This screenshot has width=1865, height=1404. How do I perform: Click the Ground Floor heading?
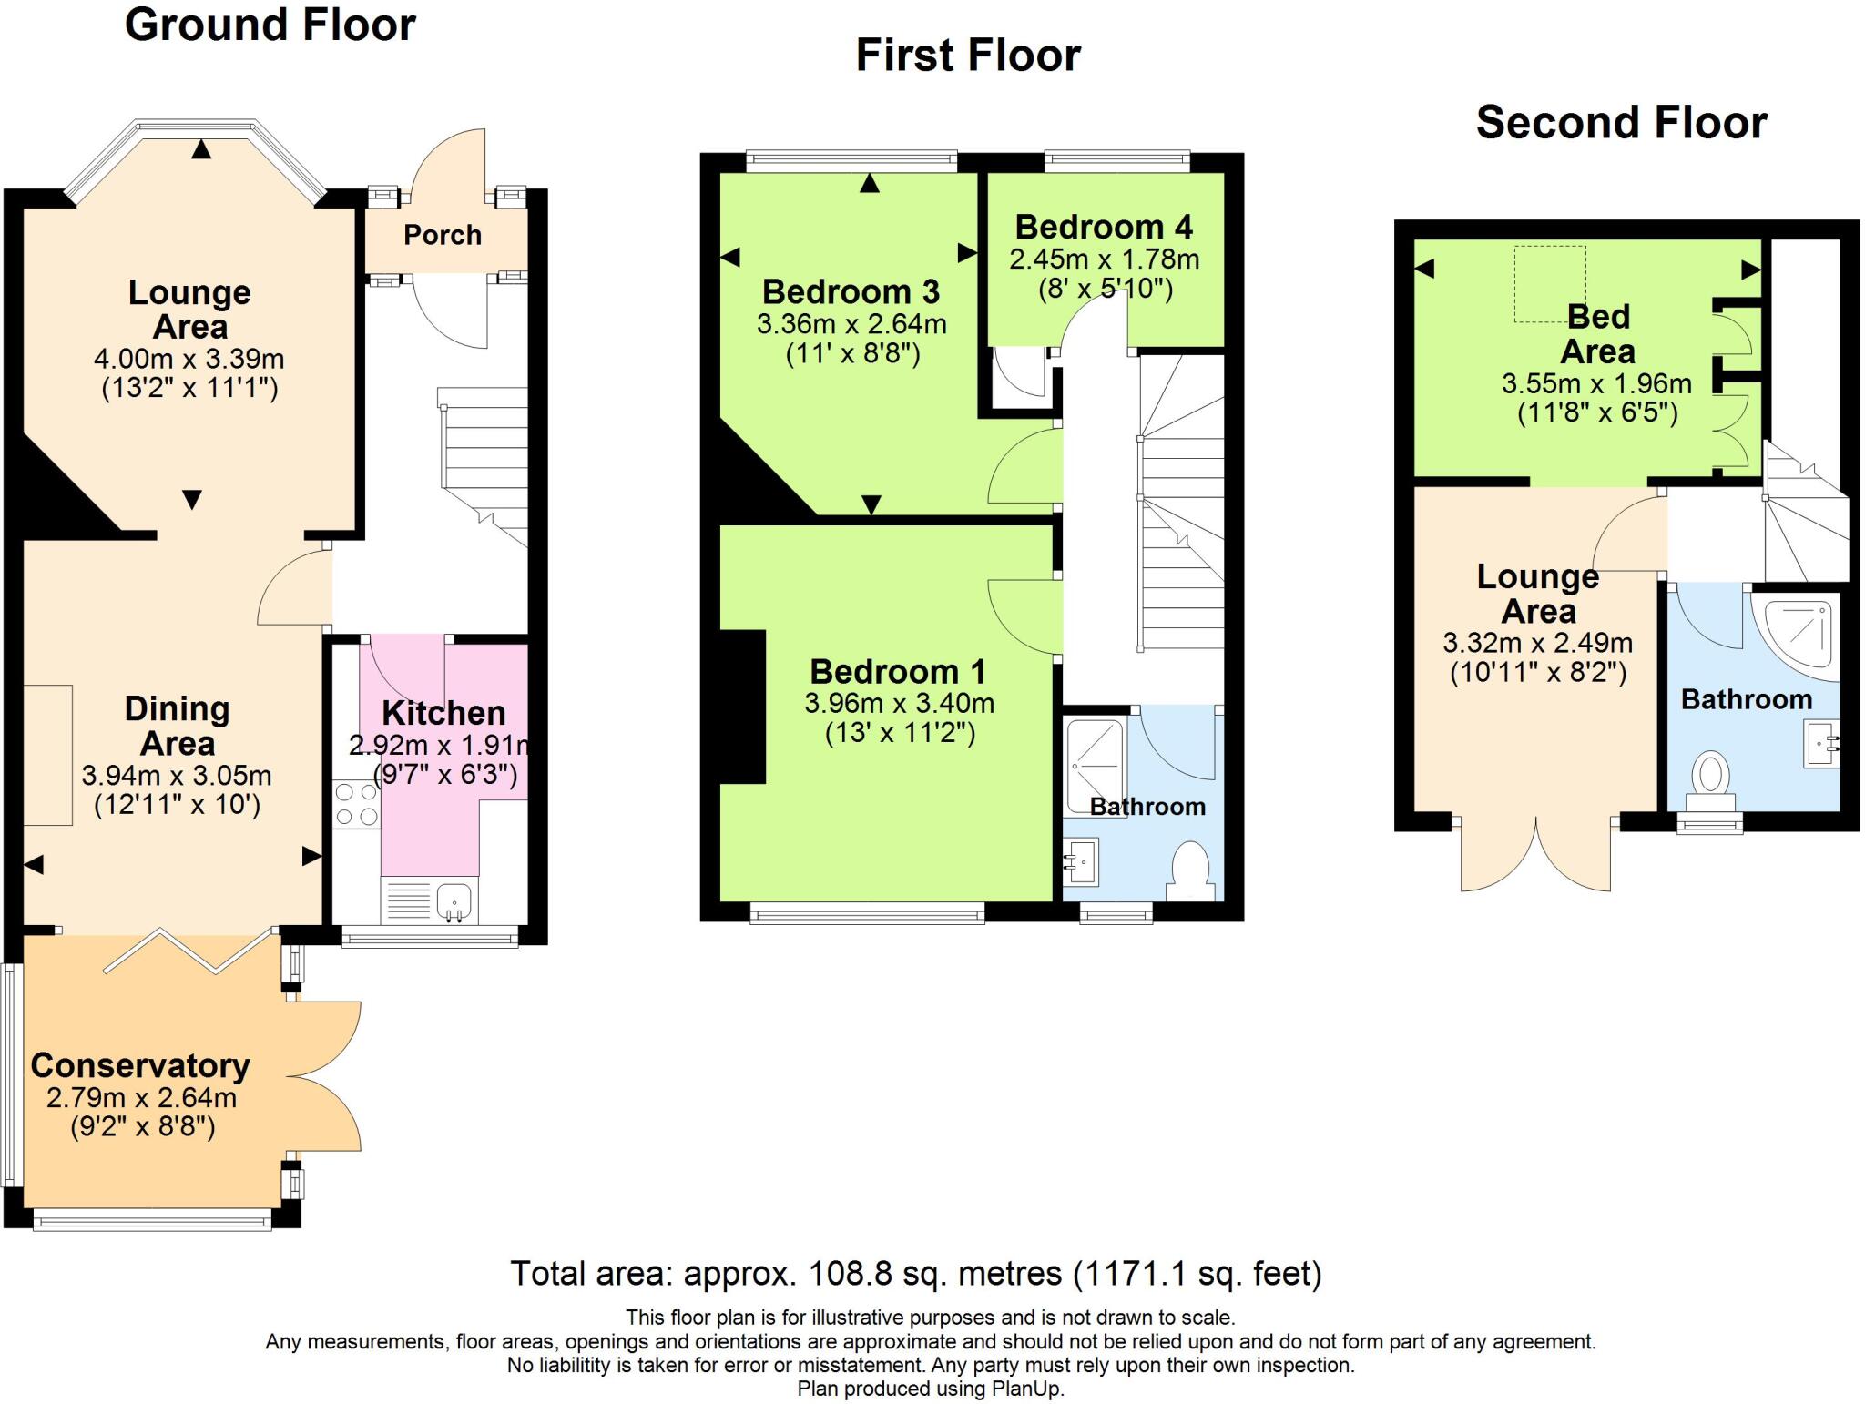pos(270,25)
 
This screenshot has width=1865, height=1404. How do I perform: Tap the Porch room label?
pos(443,235)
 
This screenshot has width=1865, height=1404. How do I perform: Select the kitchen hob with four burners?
pos(356,805)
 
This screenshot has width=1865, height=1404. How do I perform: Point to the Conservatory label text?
pos(140,1065)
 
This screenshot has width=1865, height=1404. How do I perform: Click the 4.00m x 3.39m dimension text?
pos(189,359)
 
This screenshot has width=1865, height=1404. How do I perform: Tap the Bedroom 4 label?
pos(1104,227)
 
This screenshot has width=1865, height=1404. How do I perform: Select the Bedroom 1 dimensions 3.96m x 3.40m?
pos(899,703)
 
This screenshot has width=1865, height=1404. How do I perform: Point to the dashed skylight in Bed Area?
pos(1550,283)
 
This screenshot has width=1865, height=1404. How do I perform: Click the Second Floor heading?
pos(1621,123)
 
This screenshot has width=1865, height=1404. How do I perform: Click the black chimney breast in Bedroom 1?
pos(743,706)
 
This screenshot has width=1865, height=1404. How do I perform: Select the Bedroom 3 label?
pos(851,291)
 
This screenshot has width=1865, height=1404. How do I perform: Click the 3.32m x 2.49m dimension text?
pos(1537,643)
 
